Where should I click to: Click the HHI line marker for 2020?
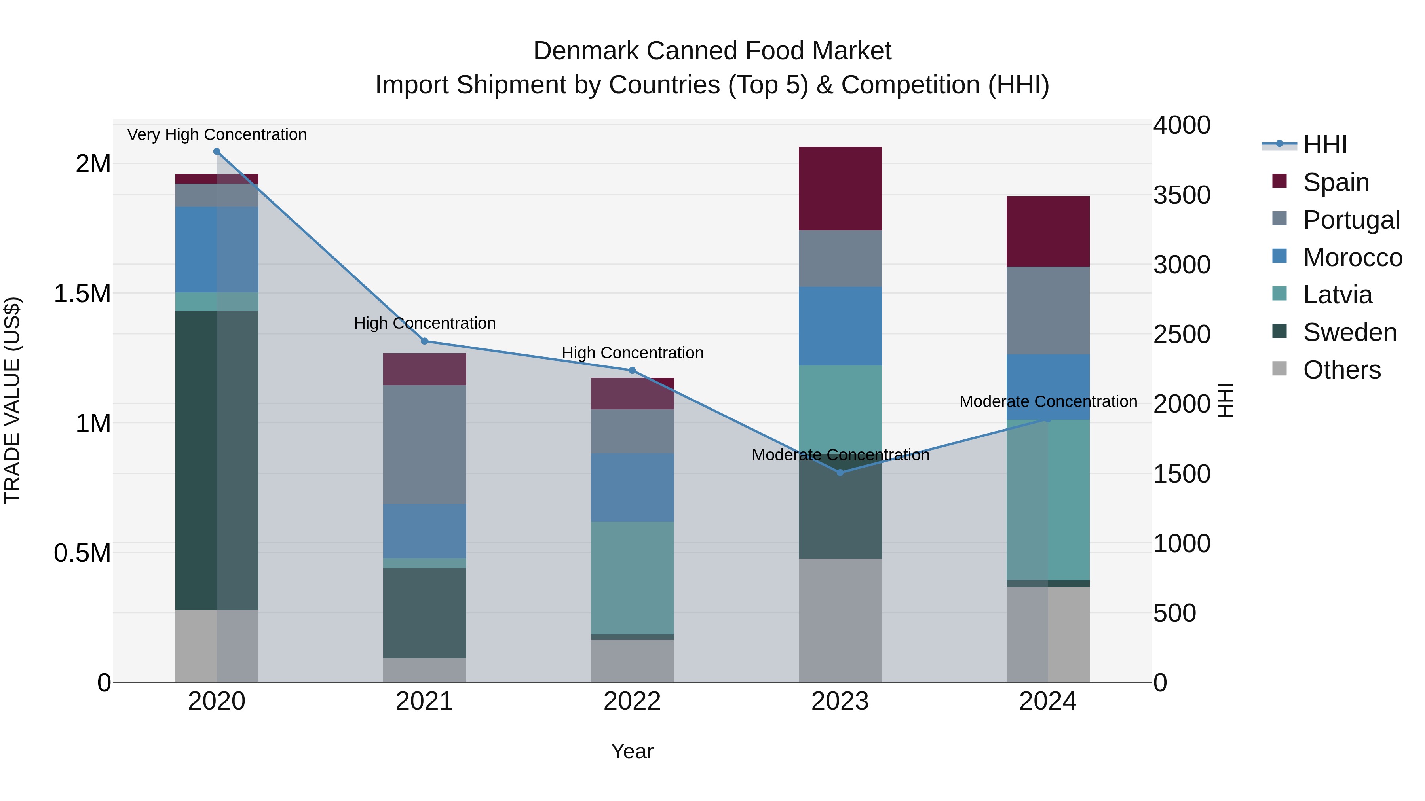[217, 151]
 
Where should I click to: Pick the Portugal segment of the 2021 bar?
[424, 445]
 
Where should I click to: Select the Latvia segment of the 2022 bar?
[632, 578]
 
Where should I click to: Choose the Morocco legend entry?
[1352, 257]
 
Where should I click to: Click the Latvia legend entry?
[1337, 295]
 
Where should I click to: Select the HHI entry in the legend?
[1324, 145]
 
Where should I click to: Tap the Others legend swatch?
[1279, 369]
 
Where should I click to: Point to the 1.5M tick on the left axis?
[82, 294]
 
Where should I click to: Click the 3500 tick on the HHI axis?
[1182, 195]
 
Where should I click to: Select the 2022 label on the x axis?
[632, 701]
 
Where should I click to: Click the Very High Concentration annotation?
[217, 134]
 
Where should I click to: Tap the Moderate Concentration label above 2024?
[1048, 401]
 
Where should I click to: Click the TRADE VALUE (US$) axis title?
[12, 400]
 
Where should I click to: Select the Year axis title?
[632, 751]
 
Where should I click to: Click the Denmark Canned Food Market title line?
[712, 51]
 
